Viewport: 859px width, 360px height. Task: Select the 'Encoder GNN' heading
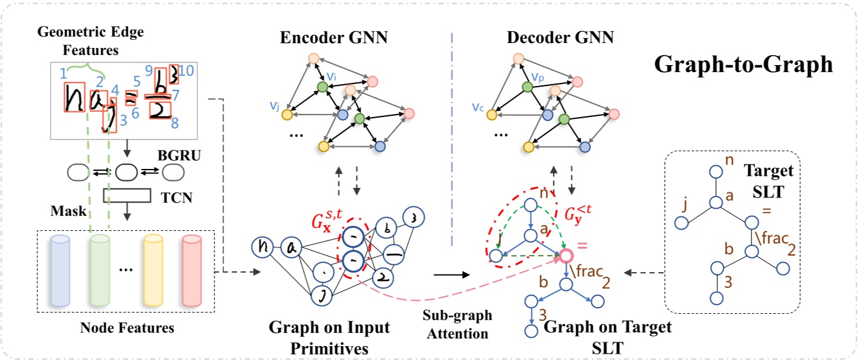pyautogui.click(x=333, y=37)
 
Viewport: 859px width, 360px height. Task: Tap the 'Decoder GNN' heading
pyautogui.click(x=560, y=37)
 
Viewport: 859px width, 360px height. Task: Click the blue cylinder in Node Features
pyautogui.click(x=60, y=271)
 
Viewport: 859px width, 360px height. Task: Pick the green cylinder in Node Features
pyautogui.click(x=100, y=271)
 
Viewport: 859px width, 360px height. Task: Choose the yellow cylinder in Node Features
pyautogui.click(x=153, y=271)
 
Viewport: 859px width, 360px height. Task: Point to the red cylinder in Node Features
pyautogui.click(x=192, y=271)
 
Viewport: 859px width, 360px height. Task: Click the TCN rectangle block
pyautogui.click(x=127, y=196)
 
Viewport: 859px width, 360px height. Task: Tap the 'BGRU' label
pyautogui.click(x=180, y=156)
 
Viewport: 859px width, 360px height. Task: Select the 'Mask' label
pyautogui.click(x=69, y=211)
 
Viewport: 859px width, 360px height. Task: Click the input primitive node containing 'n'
pyautogui.click(x=263, y=247)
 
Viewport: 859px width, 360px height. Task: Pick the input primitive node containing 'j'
pyautogui.click(x=321, y=295)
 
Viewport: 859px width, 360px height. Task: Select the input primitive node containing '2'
pyautogui.click(x=382, y=277)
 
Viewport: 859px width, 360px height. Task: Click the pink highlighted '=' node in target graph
pyautogui.click(x=566, y=256)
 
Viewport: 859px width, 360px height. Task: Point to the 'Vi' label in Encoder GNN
pyautogui.click(x=331, y=77)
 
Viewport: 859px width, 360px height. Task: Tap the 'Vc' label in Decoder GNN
pyautogui.click(x=478, y=108)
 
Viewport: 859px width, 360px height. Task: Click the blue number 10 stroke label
pyautogui.click(x=187, y=71)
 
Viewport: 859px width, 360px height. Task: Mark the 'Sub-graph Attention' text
pyautogui.click(x=457, y=325)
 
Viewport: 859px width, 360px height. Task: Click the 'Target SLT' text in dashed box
pyautogui.click(x=769, y=181)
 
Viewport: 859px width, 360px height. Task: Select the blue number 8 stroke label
pyautogui.click(x=175, y=123)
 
